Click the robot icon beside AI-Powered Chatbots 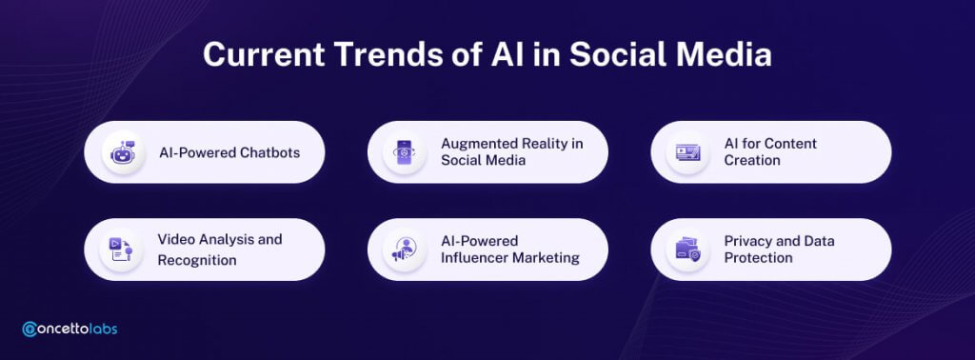point(123,152)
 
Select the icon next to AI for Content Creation point(687,152)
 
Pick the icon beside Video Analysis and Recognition point(121,250)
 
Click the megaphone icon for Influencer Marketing point(404,250)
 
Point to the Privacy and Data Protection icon point(687,250)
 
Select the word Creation point(752,160)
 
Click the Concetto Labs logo point(70,329)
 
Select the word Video point(175,239)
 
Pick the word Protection point(759,257)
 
